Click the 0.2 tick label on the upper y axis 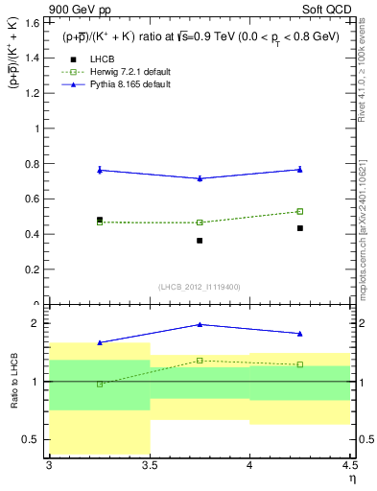pyautogui.click(x=35, y=269)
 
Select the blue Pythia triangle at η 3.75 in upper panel pyautogui.click(x=200, y=178)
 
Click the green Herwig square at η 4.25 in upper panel pyautogui.click(x=300, y=211)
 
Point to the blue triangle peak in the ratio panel pyautogui.click(x=200, y=324)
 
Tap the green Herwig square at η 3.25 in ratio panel pyautogui.click(x=99, y=384)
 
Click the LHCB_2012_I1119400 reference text pyautogui.click(x=200, y=287)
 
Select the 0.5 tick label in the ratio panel pyautogui.click(x=35, y=440)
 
